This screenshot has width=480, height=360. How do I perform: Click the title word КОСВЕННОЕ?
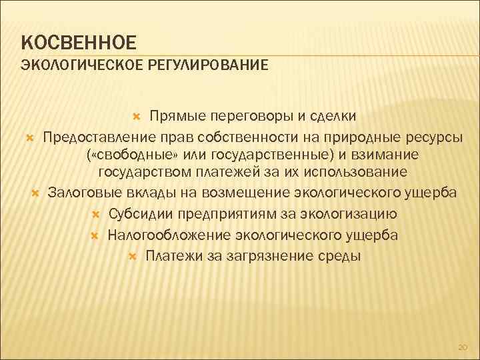coord(79,42)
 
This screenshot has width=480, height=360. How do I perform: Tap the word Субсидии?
coord(136,215)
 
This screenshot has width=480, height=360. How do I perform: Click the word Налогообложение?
coord(169,235)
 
